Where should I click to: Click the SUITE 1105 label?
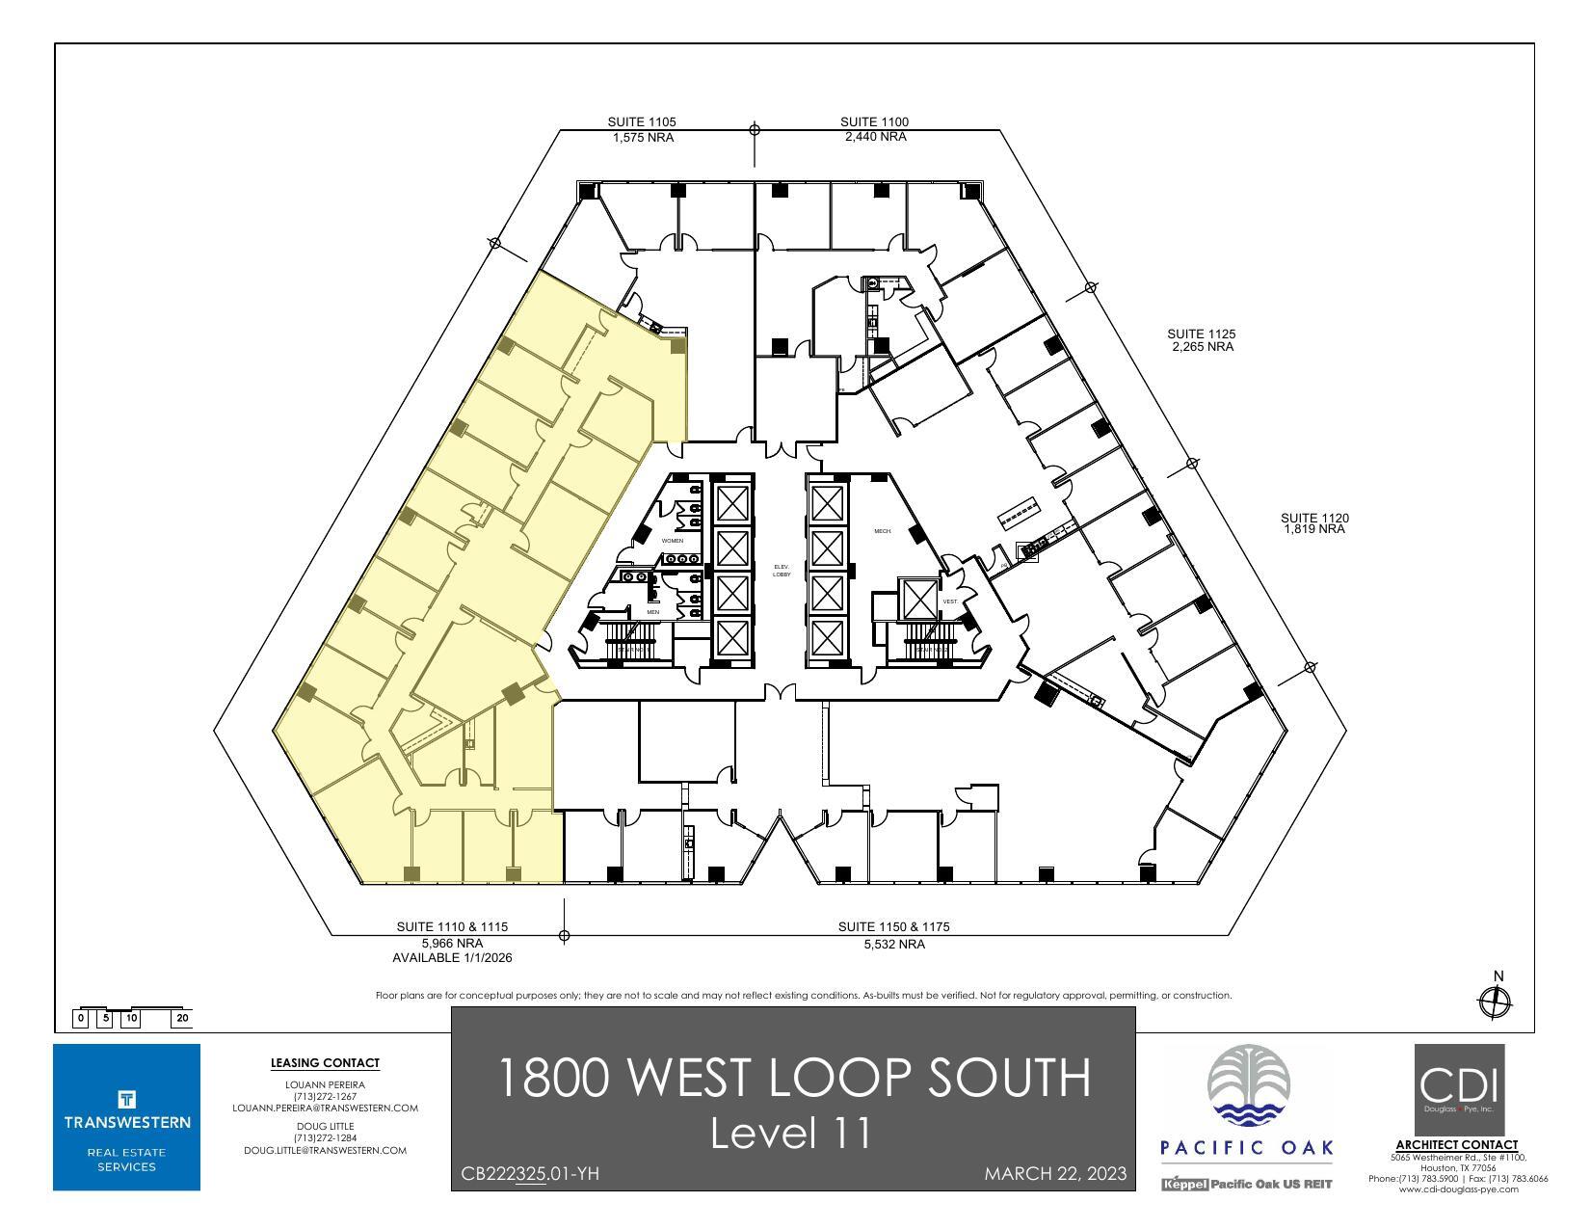[642, 122]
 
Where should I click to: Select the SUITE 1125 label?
[1202, 334]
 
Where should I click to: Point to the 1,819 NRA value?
[1314, 529]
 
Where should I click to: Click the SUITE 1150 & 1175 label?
[893, 926]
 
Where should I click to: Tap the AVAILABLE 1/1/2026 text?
[452, 958]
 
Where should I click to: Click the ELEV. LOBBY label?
[782, 571]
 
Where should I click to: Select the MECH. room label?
[882, 531]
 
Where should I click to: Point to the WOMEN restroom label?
[672, 541]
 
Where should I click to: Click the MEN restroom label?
[652, 612]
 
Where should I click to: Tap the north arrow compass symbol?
[1495, 1002]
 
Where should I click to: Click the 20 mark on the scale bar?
[183, 1018]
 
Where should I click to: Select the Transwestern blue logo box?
[127, 1116]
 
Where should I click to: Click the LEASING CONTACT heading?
[325, 1063]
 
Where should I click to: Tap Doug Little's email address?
[325, 1150]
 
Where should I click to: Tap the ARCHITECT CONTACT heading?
[1457, 1145]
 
